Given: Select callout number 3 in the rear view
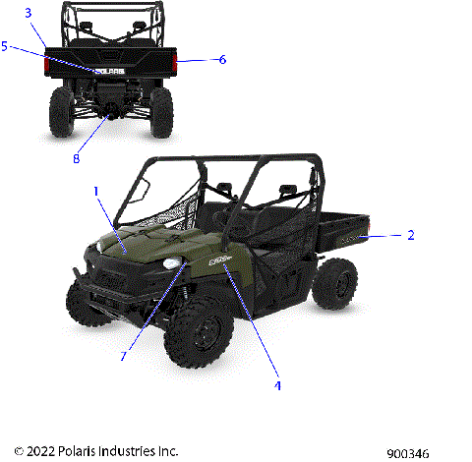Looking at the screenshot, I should click(x=29, y=13).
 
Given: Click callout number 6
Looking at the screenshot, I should click(x=222, y=60).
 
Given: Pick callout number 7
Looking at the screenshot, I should click(x=124, y=356).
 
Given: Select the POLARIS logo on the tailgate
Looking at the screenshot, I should click(x=109, y=71).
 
